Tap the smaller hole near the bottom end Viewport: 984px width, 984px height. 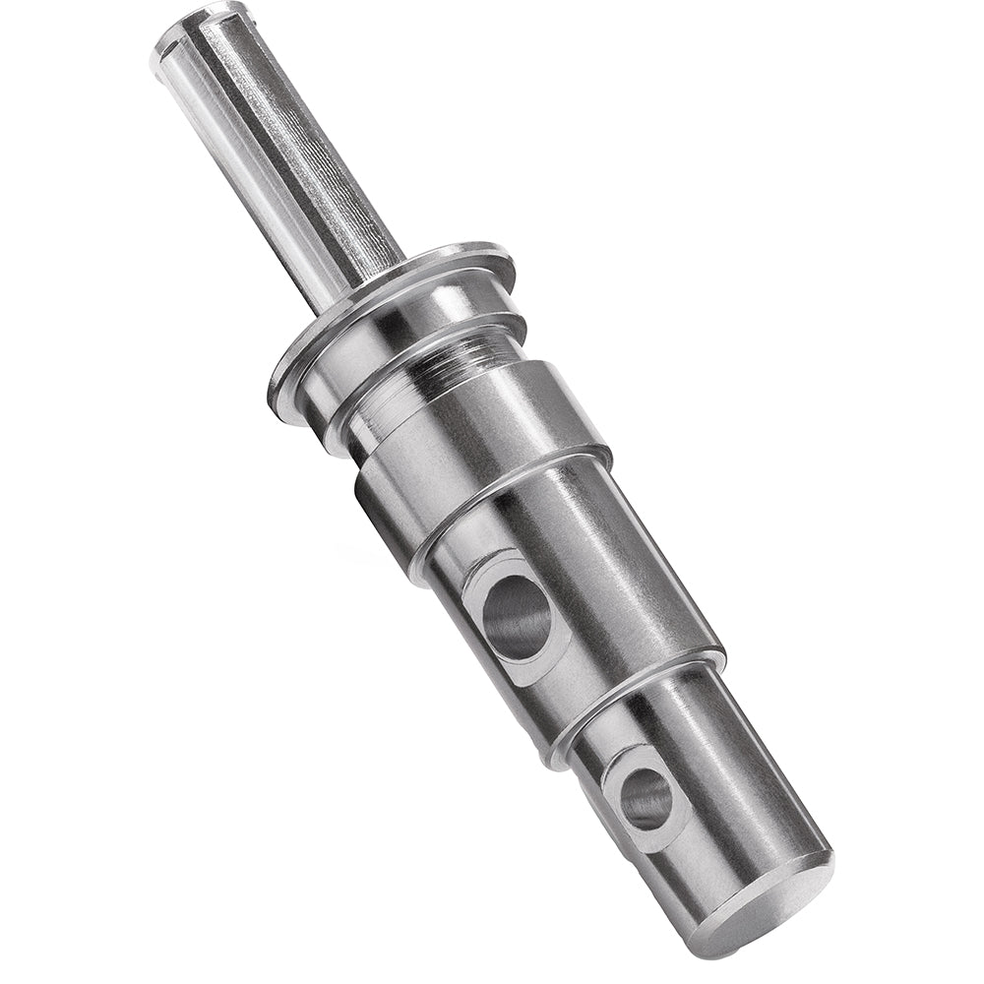(x=646, y=797)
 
